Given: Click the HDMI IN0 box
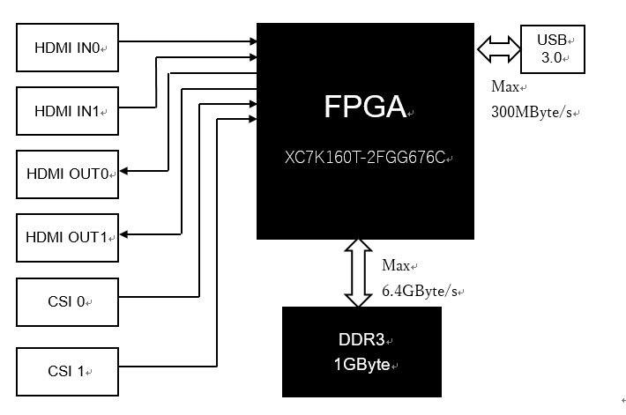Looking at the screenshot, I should coord(68,48).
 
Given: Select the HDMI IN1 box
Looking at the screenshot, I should coord(68,111).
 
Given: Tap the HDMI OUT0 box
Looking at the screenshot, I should coord(68,174).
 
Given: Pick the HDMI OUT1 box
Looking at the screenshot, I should coord(68,236).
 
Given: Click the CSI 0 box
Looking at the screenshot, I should coord(68,301).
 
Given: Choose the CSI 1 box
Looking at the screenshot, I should coord(68,371).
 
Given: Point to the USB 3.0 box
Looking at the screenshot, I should coord(553,50).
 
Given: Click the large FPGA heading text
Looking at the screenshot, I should coord(365,107).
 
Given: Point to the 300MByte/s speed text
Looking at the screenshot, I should coord(536,114).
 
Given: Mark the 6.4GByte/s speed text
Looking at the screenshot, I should coord(421,291).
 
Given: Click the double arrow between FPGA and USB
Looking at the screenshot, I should coord(499,49).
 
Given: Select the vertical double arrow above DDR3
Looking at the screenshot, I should coord(358,273).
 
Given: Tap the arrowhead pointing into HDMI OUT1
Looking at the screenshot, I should coord(125,233).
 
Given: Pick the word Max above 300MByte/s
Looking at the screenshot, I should coord(505,87).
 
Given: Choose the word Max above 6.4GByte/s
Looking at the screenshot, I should coord(396,265).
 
